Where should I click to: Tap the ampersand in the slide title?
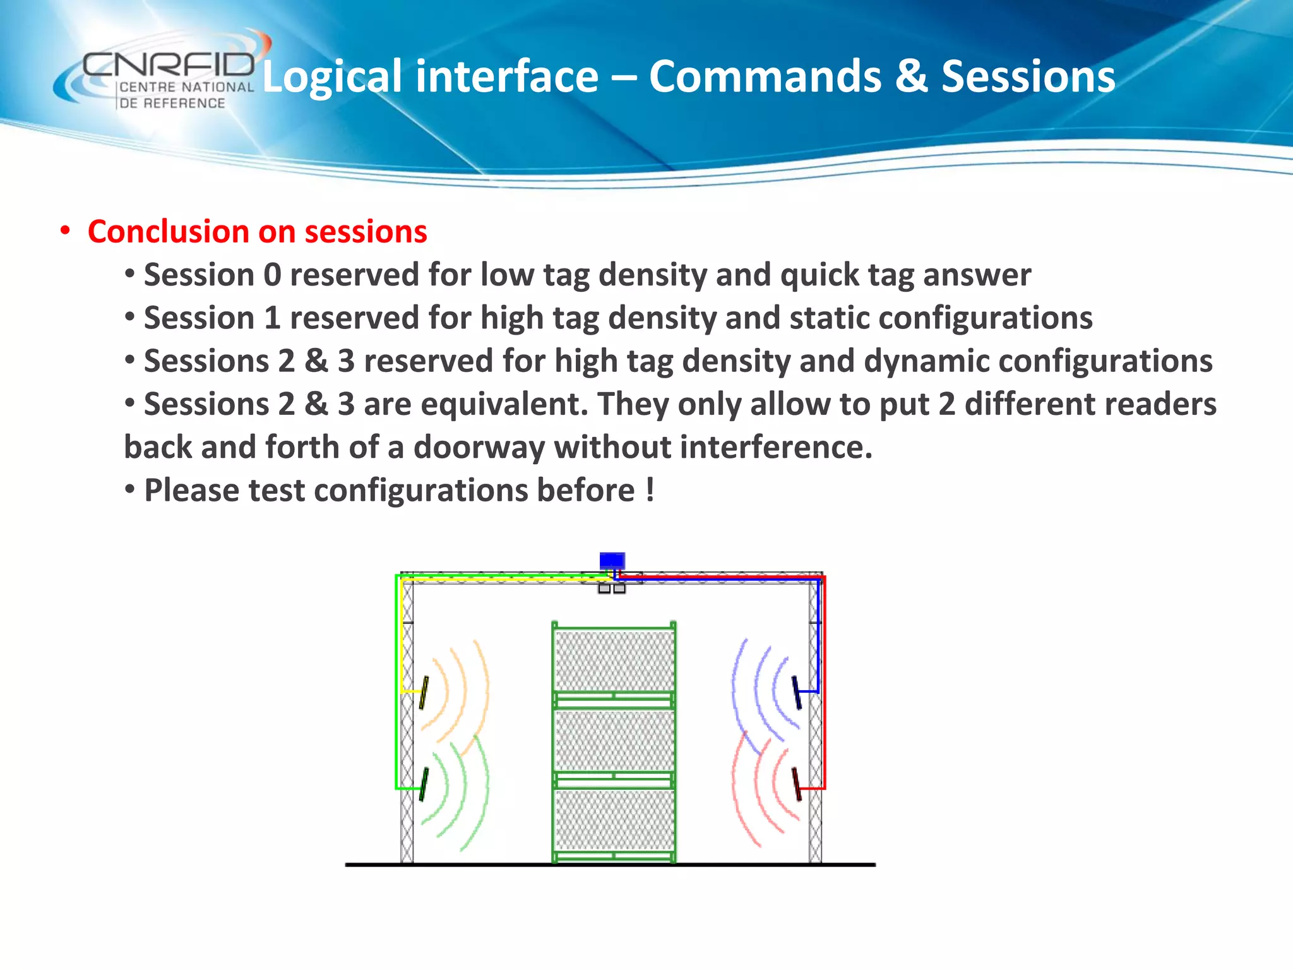[x=911, y=77]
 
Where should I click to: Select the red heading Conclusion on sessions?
[x=257, y=232]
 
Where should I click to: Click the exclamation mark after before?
[x=650, y=490]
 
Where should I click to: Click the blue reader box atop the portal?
[x=612, y=561]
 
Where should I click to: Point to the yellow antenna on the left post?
[x=424, y=693]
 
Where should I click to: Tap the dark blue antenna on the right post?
[x=797, y=692]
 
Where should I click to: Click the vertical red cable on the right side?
[x=824, y=682]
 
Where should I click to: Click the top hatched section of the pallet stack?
[x=614, y=660]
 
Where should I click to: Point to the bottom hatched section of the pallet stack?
[x=614, y=820]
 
